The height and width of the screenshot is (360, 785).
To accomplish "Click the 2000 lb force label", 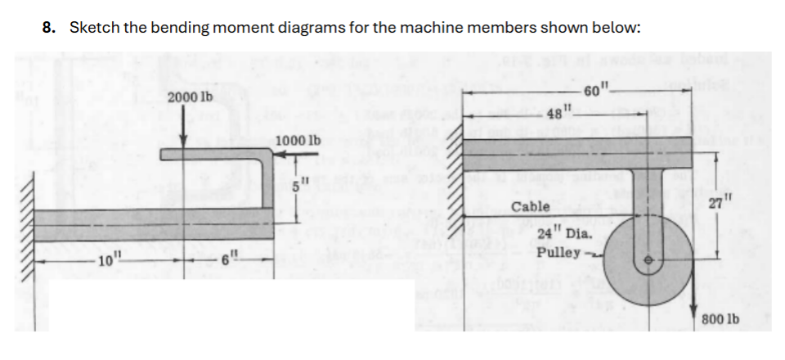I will pos(190,97).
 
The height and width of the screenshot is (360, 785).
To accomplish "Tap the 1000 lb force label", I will pos(298,140).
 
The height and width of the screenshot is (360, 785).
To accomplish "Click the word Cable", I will pos(530,207).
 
